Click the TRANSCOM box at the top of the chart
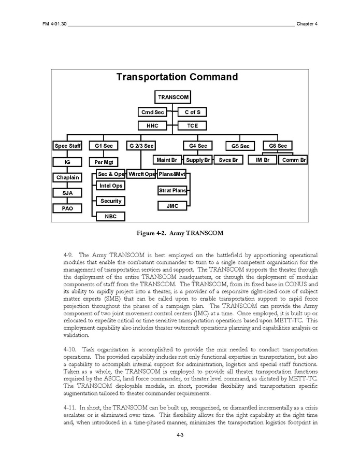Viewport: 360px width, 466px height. click(x=174, y=97)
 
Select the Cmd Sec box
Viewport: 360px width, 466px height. click(x=152, y=112)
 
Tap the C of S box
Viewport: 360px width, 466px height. click(x=192, y=112)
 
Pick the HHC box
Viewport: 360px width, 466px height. click(x=152, y=125)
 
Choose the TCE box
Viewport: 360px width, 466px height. click(x=192, y=125)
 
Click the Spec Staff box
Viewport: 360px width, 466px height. click(x=67, y=146)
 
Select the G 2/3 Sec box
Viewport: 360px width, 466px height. click(x=141, y=146)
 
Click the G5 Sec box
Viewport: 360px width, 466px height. click(x=240, y=146)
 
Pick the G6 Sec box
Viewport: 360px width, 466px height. click(x=278, y=146)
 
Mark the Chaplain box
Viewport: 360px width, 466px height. click(x=67, y=177)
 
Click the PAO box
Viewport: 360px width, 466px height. click(x=67, y=208)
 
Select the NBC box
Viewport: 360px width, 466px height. click(x=110, y=216)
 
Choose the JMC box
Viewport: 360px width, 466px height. click(x=172, y=206)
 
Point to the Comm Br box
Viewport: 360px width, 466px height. click(x=294, y=160)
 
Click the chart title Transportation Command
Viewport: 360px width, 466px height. click(x=177, y=77)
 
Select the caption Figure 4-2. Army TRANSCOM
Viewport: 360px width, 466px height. click(x=180, y=233)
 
